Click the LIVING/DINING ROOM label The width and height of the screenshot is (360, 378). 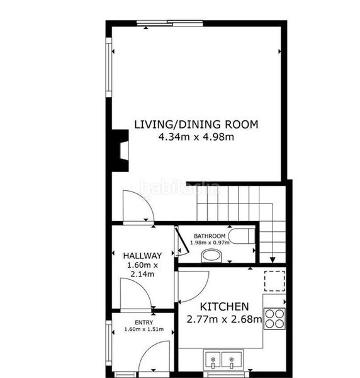click(x=196, y=124)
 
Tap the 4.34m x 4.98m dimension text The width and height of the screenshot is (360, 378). click(x=196, y=137)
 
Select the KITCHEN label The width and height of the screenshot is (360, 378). click(x=224, y=307)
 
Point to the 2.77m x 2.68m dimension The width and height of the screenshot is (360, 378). click(x=224, y=319)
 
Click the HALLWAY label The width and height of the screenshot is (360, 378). click(x=142, y=256)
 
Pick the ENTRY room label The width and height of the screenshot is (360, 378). click(x=143, y=323)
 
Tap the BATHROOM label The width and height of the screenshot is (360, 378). click(x=210, y=236)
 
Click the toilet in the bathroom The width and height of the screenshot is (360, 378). click(x=242, y=236)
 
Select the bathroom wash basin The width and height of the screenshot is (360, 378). click(x=211, y=256)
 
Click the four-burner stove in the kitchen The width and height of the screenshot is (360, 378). click(x=274, y=319)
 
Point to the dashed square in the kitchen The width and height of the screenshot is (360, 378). click(x=274, y=281)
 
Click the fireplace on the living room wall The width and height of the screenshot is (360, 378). click(x=120, y=151)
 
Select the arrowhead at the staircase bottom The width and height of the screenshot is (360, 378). click(x=273, y=260)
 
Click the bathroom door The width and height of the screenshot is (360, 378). click(x=181, y=242)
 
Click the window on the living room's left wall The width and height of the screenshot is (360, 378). click(x=109, y=67)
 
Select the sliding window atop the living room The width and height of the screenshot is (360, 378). click(x=170, y=23)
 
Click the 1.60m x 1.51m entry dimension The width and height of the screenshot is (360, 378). click(x=143, y=329)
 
